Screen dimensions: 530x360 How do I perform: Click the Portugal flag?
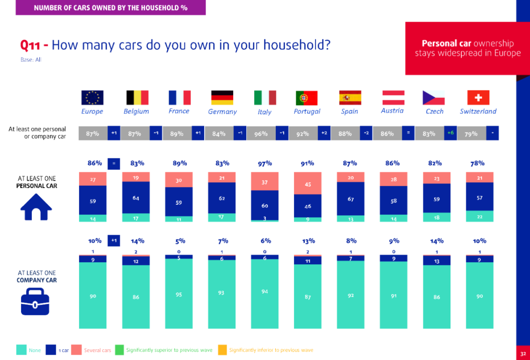coord(307,98)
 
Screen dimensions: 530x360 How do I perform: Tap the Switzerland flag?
coord(478,98)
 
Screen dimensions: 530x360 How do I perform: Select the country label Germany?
coord(222,111)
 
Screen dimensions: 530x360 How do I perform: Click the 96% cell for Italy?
coord(261,133)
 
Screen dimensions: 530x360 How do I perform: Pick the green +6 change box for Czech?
coord(450,133)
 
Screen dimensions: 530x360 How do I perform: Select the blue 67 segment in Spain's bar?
coord(350,199)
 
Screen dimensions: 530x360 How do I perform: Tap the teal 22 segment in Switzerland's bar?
coord(479,216)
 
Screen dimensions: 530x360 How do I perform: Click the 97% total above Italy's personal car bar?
coord(265,164)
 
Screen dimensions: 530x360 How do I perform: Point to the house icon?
coord(36,207)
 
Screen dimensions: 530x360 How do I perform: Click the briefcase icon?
coord(35,302)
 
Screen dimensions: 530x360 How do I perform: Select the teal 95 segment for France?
coord(179,294)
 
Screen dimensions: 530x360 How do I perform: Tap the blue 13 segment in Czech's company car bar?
coord(437,260)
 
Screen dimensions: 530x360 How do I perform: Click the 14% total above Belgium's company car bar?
coord(137,241)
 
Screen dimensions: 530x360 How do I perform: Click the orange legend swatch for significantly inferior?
coord(222,350)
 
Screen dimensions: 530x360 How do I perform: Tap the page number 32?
coord(523,354)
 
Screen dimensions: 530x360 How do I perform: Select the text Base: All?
coord(31,60)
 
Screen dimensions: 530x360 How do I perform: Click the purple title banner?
coord(110,7)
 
